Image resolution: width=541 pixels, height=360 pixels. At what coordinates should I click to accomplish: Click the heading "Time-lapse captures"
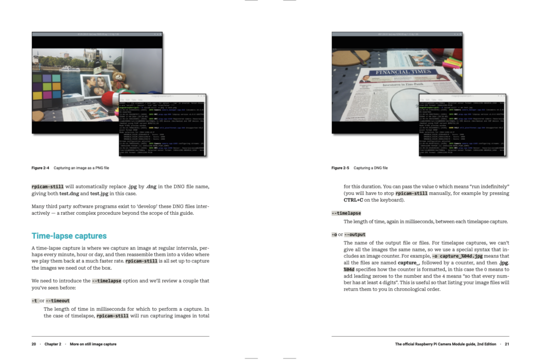tap(69, 236)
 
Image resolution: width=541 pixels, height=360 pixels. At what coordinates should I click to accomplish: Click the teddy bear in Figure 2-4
tap(120, 80)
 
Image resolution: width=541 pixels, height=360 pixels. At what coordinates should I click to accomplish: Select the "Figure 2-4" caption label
tap(41, 168)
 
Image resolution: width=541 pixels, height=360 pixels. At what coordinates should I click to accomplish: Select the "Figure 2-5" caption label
tap(340, 168)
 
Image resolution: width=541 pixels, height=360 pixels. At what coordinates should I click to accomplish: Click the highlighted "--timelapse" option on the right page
tap(346, 213)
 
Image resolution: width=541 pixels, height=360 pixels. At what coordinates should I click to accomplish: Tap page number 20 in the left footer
tap(34, 344)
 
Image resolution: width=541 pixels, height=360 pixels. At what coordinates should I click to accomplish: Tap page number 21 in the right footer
tap(506, 344)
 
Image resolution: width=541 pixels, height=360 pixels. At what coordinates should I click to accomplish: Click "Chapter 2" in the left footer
tap(53, 344)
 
